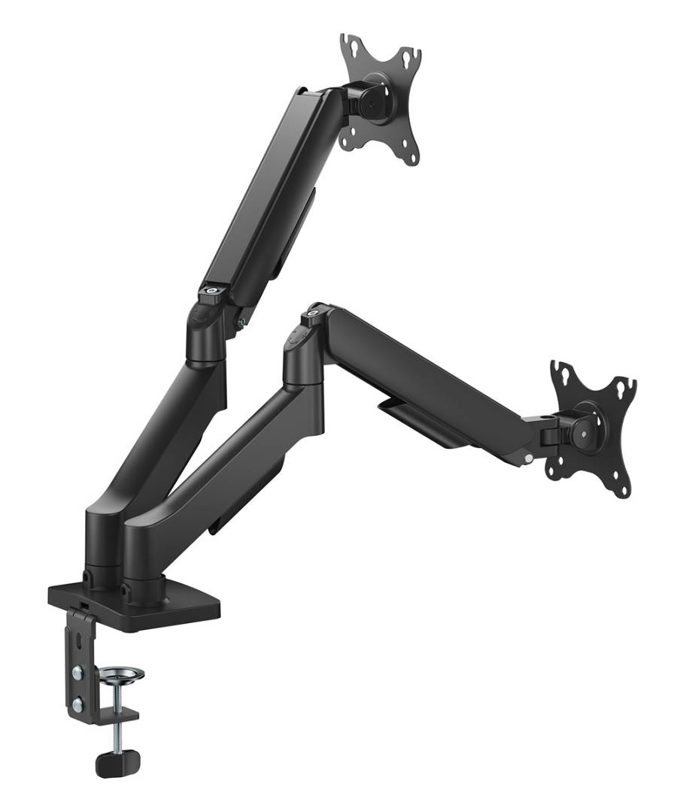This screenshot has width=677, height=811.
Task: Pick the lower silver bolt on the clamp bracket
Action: (x=78, y=704)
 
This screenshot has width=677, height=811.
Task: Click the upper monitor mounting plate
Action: (x=380, y=98)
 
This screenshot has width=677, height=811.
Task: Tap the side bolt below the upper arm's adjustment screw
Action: (x=241, y=322)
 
